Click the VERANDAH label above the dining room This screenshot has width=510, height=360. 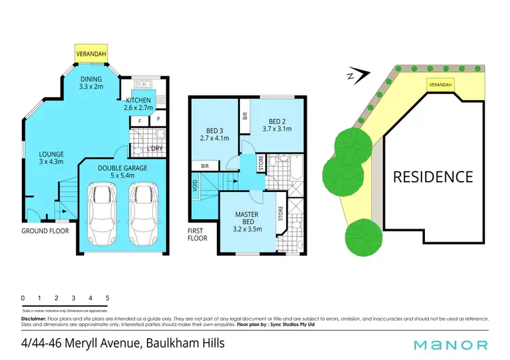[x=89, y=51]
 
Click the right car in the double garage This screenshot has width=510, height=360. [x=143, y=213]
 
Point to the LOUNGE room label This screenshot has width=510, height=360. [x=51, y=157]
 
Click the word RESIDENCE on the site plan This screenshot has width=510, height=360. [x=433, y=177]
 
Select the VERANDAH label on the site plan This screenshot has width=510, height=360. [x=440, y=84]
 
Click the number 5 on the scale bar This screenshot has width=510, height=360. [x=107, y=298]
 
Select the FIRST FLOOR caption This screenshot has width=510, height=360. [x=197, y=235]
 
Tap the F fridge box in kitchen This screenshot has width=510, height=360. [x=139, y=120]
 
